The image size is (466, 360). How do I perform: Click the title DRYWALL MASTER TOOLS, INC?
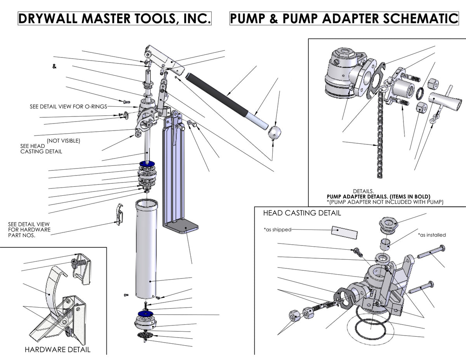115,18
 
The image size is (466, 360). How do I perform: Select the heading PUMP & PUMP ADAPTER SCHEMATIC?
344,18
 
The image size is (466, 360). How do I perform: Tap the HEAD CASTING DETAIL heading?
302,213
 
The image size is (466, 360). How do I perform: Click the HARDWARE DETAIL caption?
57,350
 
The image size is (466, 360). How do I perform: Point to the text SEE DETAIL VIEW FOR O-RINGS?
68,106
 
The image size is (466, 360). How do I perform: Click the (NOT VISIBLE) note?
63,141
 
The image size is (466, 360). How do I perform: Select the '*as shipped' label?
277,230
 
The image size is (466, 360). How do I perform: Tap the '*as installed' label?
432,235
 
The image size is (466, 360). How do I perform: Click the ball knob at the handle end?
275,134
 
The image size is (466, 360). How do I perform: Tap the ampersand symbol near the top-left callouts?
54,66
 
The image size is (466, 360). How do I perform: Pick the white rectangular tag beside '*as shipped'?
344,231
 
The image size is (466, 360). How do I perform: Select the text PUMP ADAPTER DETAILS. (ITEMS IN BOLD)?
379,197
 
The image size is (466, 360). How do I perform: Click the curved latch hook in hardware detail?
51,287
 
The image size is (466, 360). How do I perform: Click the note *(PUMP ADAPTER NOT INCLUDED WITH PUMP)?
384,202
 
